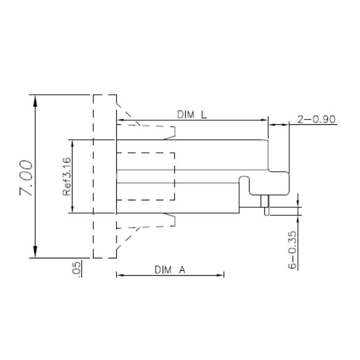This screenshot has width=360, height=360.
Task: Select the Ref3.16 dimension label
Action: (x=66, y=176)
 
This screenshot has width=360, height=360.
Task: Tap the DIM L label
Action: (x=192, y=115)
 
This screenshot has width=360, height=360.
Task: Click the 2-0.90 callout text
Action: (x=316, y=120)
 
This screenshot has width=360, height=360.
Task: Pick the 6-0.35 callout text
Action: (x=293, y=249)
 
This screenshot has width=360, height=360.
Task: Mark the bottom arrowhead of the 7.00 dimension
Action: (x=36, y=252)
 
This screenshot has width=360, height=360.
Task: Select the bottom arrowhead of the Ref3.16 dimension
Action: (x=72, y=209)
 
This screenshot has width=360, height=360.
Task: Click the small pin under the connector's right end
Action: (x=266, y=206)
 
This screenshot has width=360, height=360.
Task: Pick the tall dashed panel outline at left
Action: (x=105, y=176)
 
